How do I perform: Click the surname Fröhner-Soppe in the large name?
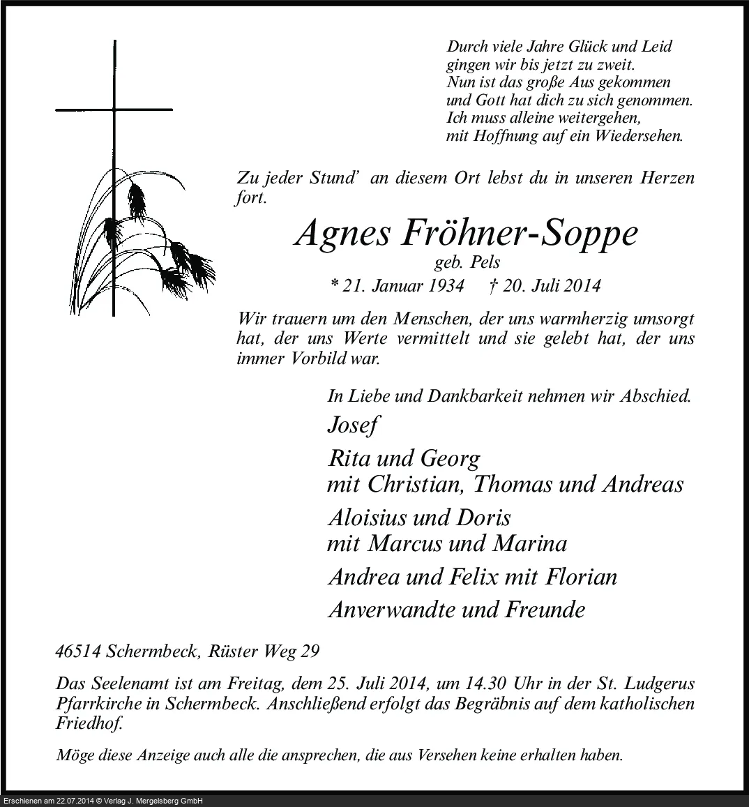click(x=519, y=234)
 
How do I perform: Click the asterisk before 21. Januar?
click(x=335, y=286)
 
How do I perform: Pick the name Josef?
click(x=353, y=425)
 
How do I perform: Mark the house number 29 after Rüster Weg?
click(x=310, y=651)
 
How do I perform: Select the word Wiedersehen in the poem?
click(x=637, y=136)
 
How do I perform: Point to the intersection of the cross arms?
click(x=114, y=110)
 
